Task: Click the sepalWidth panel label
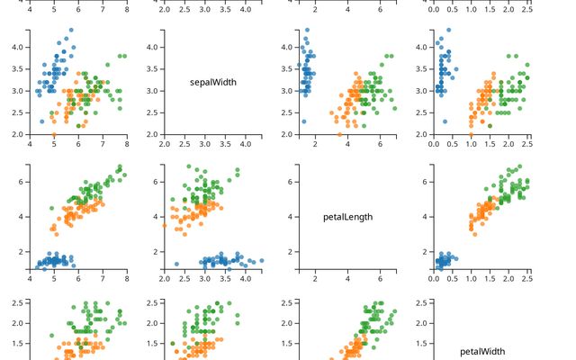coord(213,82)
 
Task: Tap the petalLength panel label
coord(347,216)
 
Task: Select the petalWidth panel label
coord(482,351)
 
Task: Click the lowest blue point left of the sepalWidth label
coord(42,121)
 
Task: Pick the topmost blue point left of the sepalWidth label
coord(69,30)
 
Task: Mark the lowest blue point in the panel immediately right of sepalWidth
coord(303,121)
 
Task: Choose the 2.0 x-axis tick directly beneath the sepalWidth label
coord(165,142)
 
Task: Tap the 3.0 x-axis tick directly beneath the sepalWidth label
coord(205,142)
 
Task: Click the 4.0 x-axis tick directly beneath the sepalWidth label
coord(246,142)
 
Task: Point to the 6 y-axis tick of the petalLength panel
coord(292,182)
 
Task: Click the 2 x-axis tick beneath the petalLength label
coord(315,277)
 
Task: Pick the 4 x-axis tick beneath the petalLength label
coord(347,277)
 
